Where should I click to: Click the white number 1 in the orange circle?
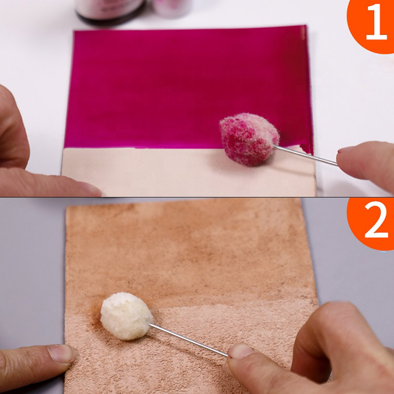coord(376,22)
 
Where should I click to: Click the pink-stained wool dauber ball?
coord(249,139)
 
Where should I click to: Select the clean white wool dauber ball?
coord(127,316)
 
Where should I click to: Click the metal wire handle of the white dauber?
coord(189,339)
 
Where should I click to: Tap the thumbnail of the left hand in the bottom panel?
coord(61,354)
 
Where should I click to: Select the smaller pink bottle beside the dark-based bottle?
coord(172,7)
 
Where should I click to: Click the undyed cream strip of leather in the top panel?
coord(189,172)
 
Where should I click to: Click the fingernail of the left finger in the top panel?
coord(89,189)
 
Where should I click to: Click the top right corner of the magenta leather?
coord(306,25)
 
